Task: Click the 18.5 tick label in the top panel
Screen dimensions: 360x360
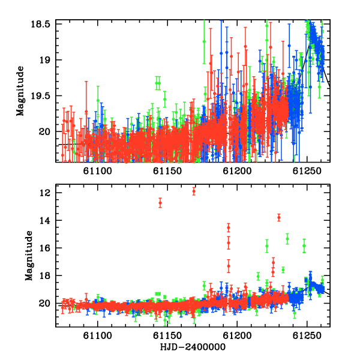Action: [40, 24]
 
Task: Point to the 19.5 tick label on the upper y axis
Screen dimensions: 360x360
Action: [40, 96]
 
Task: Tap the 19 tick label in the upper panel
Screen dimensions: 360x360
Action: [44, 60]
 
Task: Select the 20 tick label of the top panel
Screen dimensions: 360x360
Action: [44, 132]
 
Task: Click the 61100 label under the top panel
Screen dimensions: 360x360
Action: [98, 171]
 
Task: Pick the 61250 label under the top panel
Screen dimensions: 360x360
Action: [307, 171]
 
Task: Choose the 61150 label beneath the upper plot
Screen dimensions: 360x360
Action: [167, 171]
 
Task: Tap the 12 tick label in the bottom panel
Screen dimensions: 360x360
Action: [45, 193]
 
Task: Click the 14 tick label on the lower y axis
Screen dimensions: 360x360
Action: [45, 220]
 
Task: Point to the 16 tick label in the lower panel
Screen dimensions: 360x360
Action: [45, 248]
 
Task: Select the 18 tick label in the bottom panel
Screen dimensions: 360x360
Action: [45, 275]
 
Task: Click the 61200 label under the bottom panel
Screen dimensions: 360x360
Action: [237, 335]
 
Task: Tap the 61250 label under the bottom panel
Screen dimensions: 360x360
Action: [307, 335]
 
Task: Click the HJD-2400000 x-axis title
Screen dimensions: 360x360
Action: [193, 347]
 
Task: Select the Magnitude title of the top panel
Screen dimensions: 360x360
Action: [20, 91]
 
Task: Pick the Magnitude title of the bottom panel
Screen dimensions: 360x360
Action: [29, 256]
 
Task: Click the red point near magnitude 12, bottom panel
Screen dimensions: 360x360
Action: [194, 191]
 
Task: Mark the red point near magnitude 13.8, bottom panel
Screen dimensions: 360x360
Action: [279, 217]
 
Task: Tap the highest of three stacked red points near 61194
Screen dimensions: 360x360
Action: [229, 228]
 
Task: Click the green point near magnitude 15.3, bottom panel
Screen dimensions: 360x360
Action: [287, 239]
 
